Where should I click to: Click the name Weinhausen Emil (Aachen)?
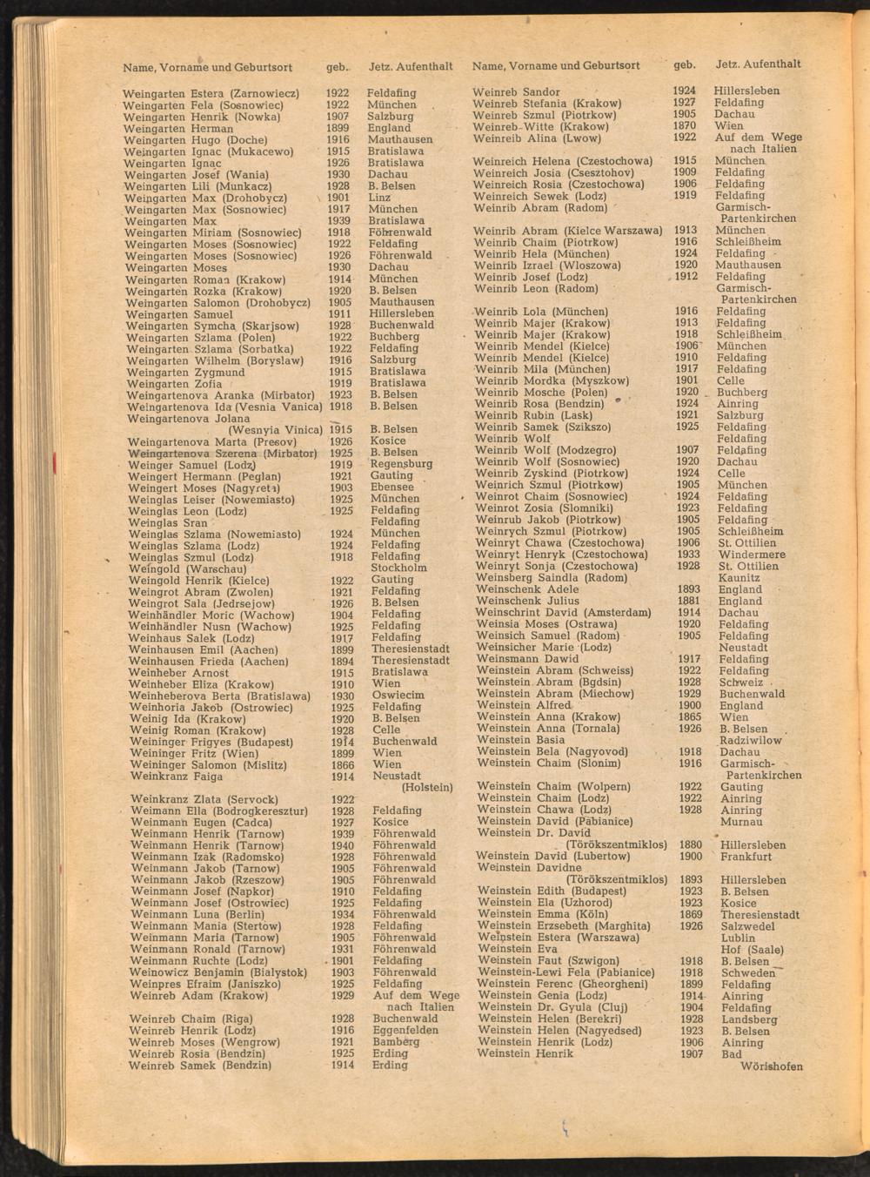click(203, 649)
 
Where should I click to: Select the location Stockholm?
click(398, 568)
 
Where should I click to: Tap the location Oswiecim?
click(398, 696)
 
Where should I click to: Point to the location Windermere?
click(752, 555)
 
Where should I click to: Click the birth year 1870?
click(685, 125)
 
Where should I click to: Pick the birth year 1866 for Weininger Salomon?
click(343, 764)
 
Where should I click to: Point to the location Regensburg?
click(401, 464)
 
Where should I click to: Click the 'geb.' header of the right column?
click(685, 64)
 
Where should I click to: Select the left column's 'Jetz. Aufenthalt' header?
click(411, 66)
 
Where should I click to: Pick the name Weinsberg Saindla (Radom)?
click(552, 578)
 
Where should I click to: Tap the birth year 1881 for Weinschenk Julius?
click(689, 601)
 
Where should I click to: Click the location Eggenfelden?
click(406, 1030)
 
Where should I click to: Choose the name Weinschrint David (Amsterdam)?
click(563, 613)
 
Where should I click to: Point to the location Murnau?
click(740, 822)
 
